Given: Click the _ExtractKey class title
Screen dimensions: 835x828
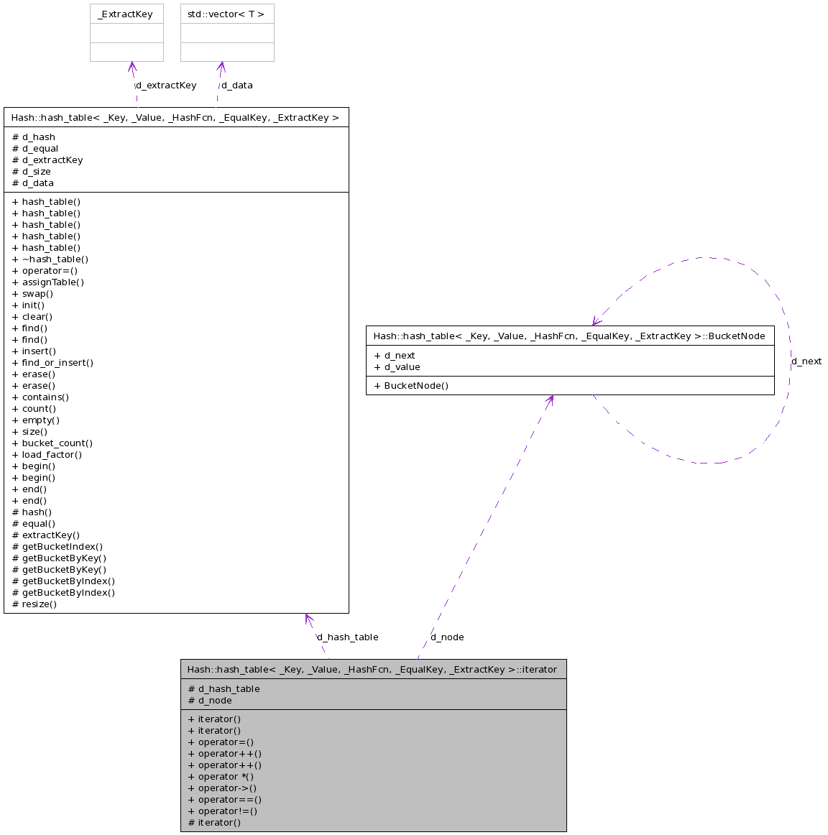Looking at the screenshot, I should pyautogui.click(x=126, y=14).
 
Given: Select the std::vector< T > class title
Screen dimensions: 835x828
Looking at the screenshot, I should pyautogui.click(x=226, y=14).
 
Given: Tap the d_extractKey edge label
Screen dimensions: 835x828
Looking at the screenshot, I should pyautogui.click(x=166, y=86).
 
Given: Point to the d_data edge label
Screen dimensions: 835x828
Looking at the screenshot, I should pyautogui.click(x=237, y=86).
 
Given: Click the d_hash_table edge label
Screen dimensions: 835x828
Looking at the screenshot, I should pyautogui.click(x=348, y=637).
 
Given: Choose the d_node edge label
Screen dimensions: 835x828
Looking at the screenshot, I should pyautogui.click(x=447, y=637).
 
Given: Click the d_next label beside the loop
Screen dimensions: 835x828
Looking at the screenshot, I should pyautogui.click(x=806, y=361).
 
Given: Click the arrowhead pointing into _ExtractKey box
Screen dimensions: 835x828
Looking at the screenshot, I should pyautogui.click(x=132, y=67).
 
